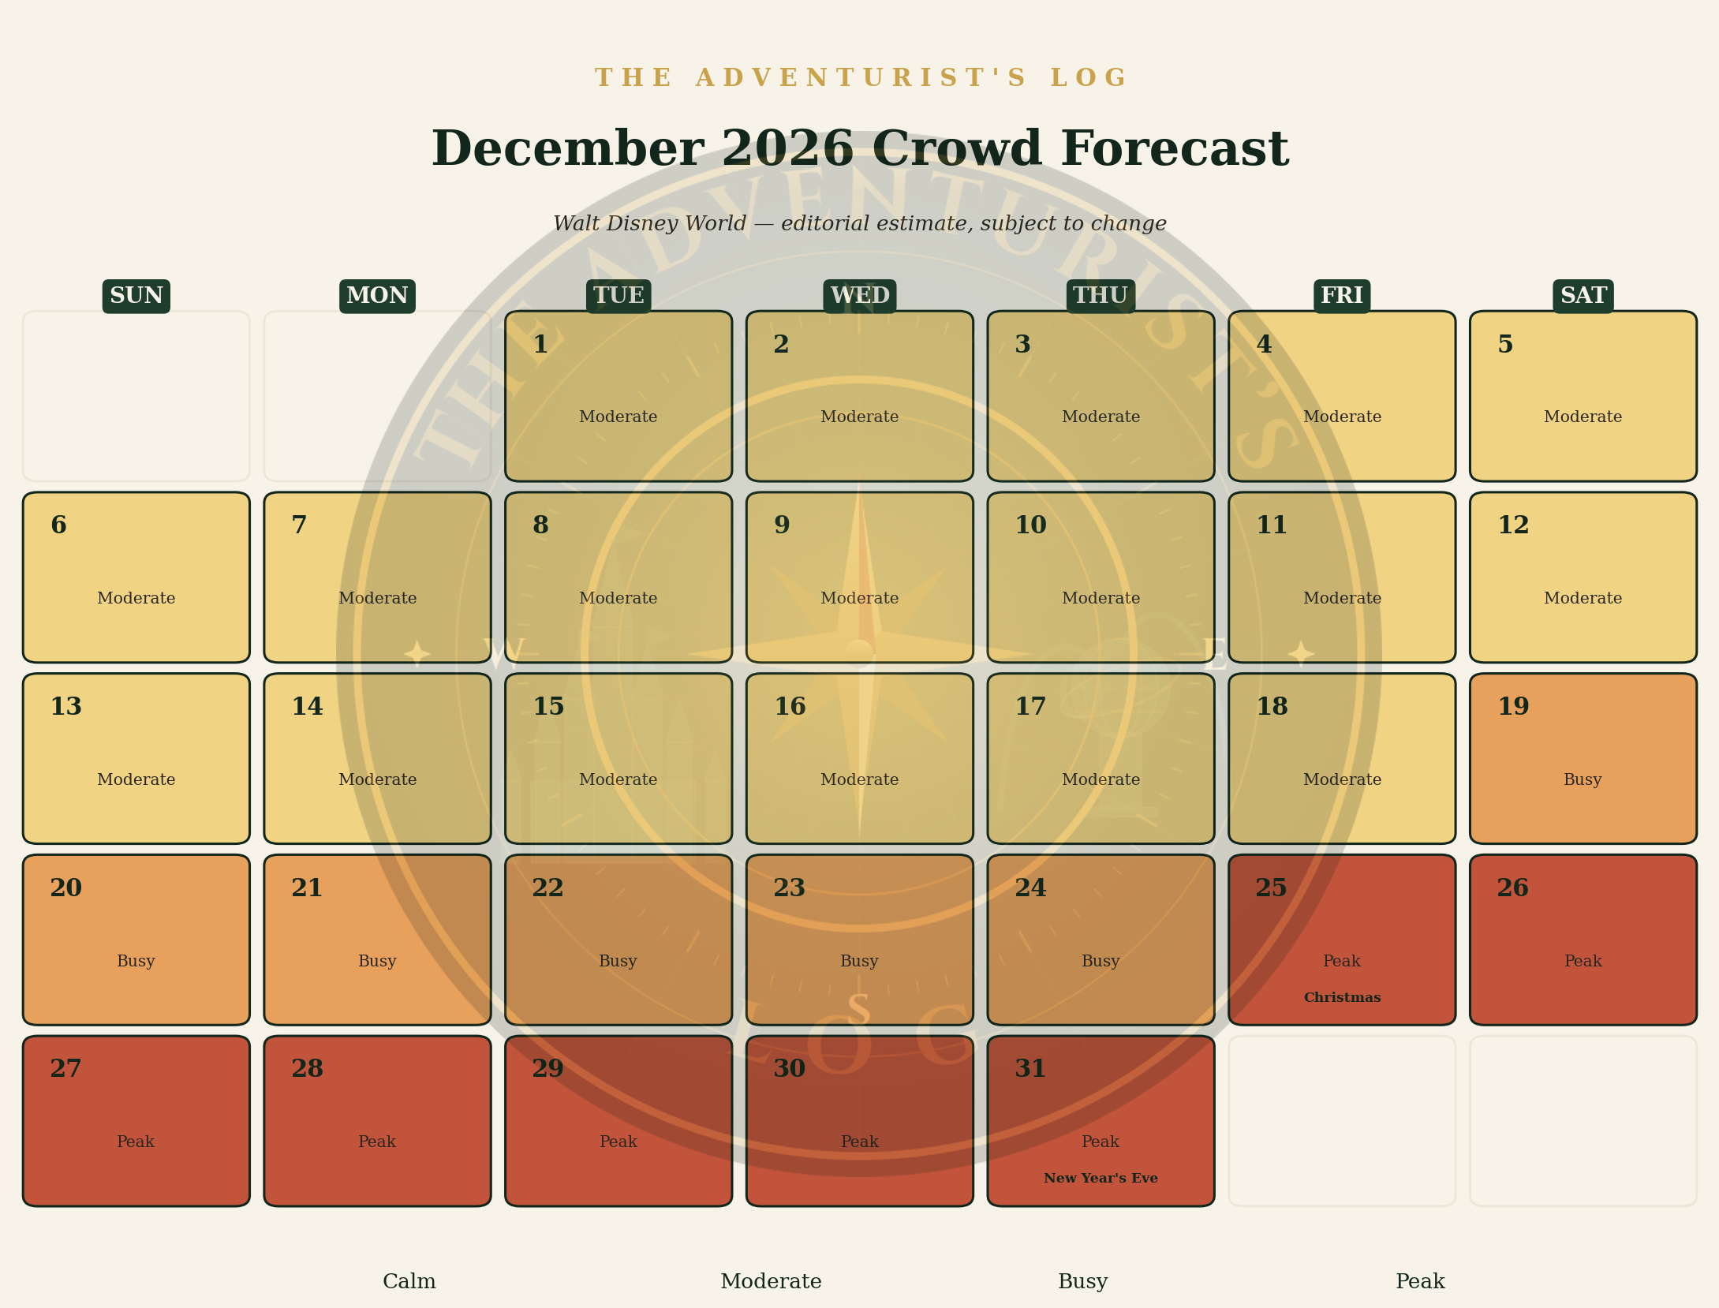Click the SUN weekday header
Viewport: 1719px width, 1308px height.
[x=136, y=296]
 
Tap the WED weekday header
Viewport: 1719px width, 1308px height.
[x=860, y=296]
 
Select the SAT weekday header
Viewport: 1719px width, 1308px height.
[x=1583, y=296]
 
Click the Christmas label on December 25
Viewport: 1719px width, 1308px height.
[x=1342, y=998]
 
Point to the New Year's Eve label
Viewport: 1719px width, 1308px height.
[x=1101, y=1179]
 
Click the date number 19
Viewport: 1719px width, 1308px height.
[x=1513, y=707]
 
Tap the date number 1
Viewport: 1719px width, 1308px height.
[x=540, y=345]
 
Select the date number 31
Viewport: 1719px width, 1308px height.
[x=1030, y=1069]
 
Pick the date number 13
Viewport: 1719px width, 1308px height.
[x=65, y=707]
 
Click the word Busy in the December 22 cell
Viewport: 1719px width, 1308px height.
[x=618, y=961]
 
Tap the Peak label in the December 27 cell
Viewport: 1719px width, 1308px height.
[x=136, y=1142]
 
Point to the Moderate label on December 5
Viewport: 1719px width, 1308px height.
[x=1583, y=417]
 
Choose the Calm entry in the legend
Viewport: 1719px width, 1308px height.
[x=409, y=1281]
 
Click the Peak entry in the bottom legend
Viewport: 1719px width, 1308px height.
[x=1420, y=1281]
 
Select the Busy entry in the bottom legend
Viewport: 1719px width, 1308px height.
[x=1083, y=1282]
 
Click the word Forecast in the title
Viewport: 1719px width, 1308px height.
[x=1175, y=149]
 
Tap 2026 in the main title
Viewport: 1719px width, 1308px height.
[x=787, y=149]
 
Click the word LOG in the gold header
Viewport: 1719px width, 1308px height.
[x=1089, y=78]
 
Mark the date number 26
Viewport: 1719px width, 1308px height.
[x=1513, y=888]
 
